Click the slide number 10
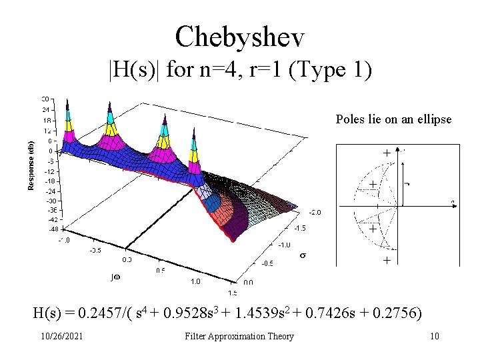tap(434, 336)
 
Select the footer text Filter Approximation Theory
tap(239, 336)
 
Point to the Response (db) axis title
tap(31, 164)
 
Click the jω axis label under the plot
tap(115, 275)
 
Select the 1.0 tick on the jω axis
tap(195, 282)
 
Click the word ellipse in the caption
tap(433, 119)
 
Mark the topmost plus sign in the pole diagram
tap(387, 153)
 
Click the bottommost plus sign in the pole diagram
tap(387, 261)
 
